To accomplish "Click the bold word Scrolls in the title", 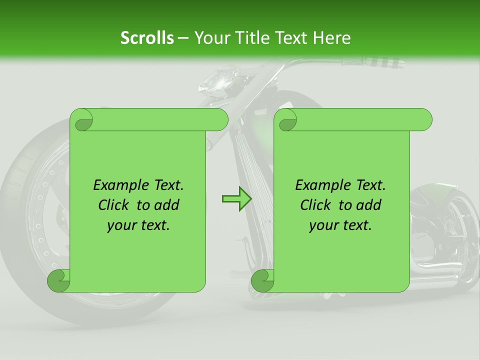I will (147, 38).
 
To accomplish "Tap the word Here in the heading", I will (331, 38).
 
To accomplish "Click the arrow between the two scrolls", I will (236, 199).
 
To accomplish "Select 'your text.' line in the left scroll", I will (138, 225).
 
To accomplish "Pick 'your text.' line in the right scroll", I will (340, 225).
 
